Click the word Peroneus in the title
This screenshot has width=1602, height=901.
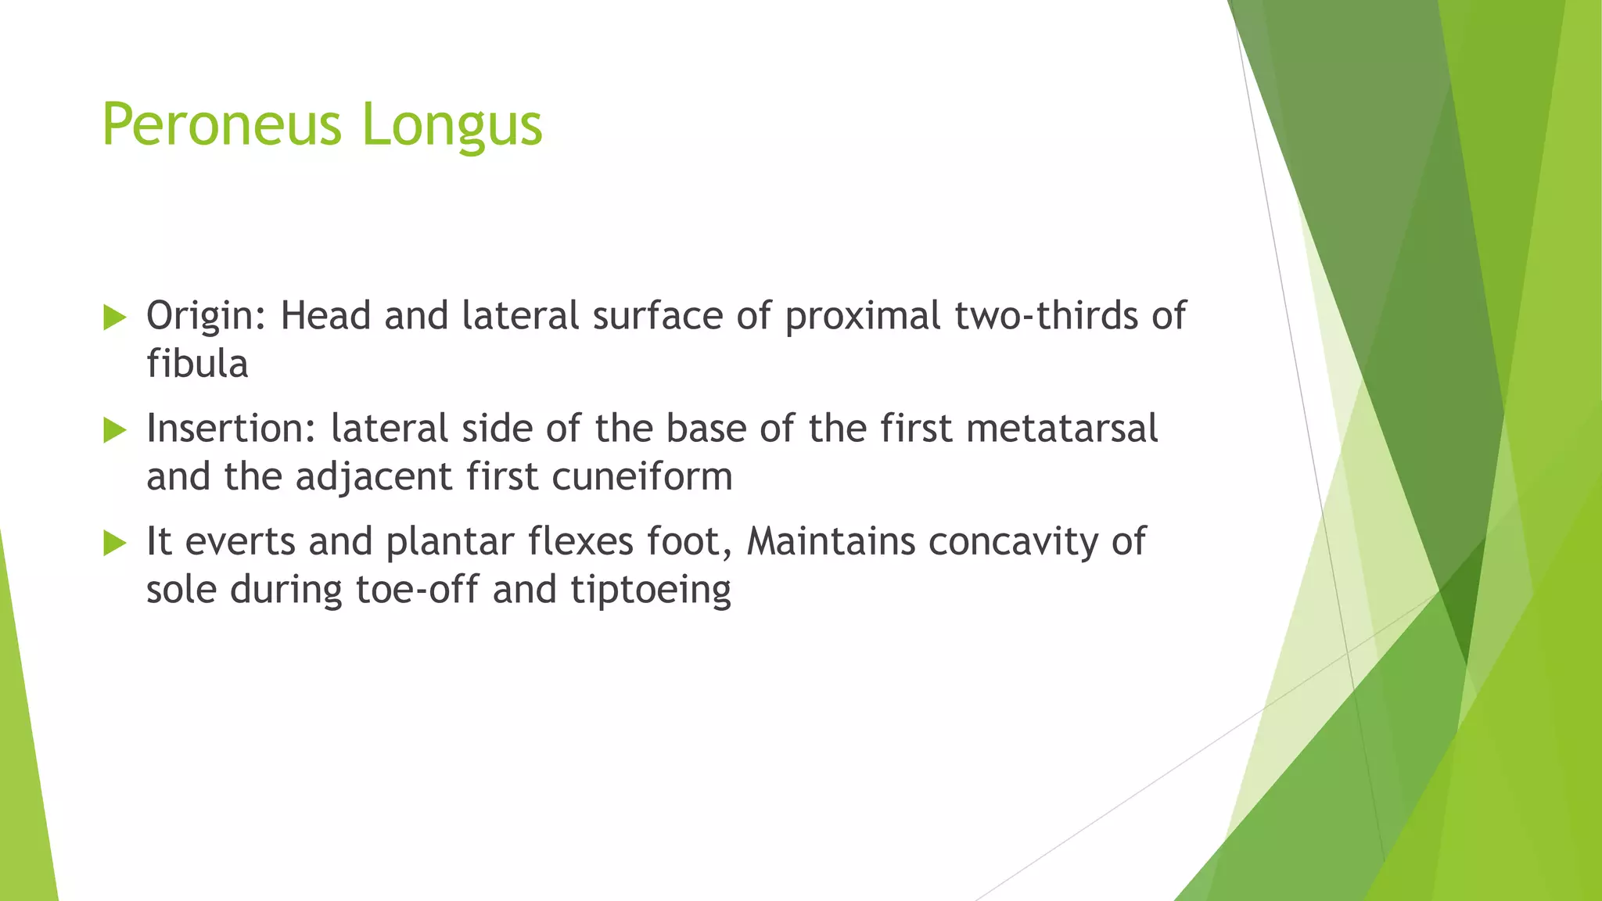[221, 125]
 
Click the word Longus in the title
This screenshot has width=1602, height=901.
[451, 125]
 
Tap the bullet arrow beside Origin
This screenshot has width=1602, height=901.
[114, 318]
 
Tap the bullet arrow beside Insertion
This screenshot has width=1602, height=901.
[114, 430]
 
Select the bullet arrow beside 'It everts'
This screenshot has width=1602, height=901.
[114, 543]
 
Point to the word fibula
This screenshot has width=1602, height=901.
[197, 364]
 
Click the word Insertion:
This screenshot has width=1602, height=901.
[231, 429]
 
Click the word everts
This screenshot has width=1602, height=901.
[240, 542]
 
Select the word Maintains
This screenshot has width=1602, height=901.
[831, 541]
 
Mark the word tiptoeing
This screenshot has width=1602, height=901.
[651, 590]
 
